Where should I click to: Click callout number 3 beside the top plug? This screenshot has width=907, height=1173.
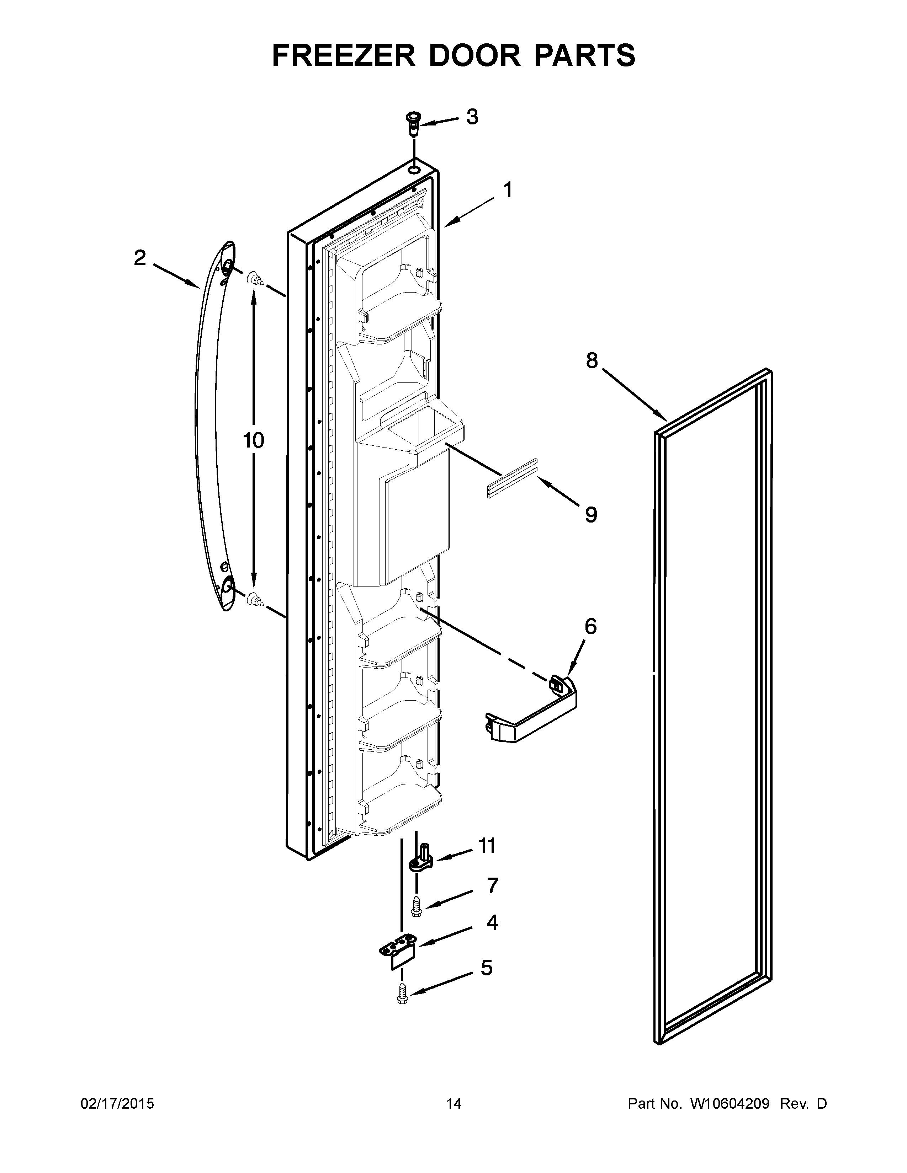coord(472,117)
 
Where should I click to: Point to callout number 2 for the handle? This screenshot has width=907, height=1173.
coord(140,258)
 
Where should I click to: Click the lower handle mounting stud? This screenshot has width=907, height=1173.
coord(254,599)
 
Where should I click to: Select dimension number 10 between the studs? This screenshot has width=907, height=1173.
coord(253,440)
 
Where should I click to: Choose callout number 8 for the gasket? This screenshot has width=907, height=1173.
coord(591,360)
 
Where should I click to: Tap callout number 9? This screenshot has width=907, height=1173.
coord(590,515)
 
